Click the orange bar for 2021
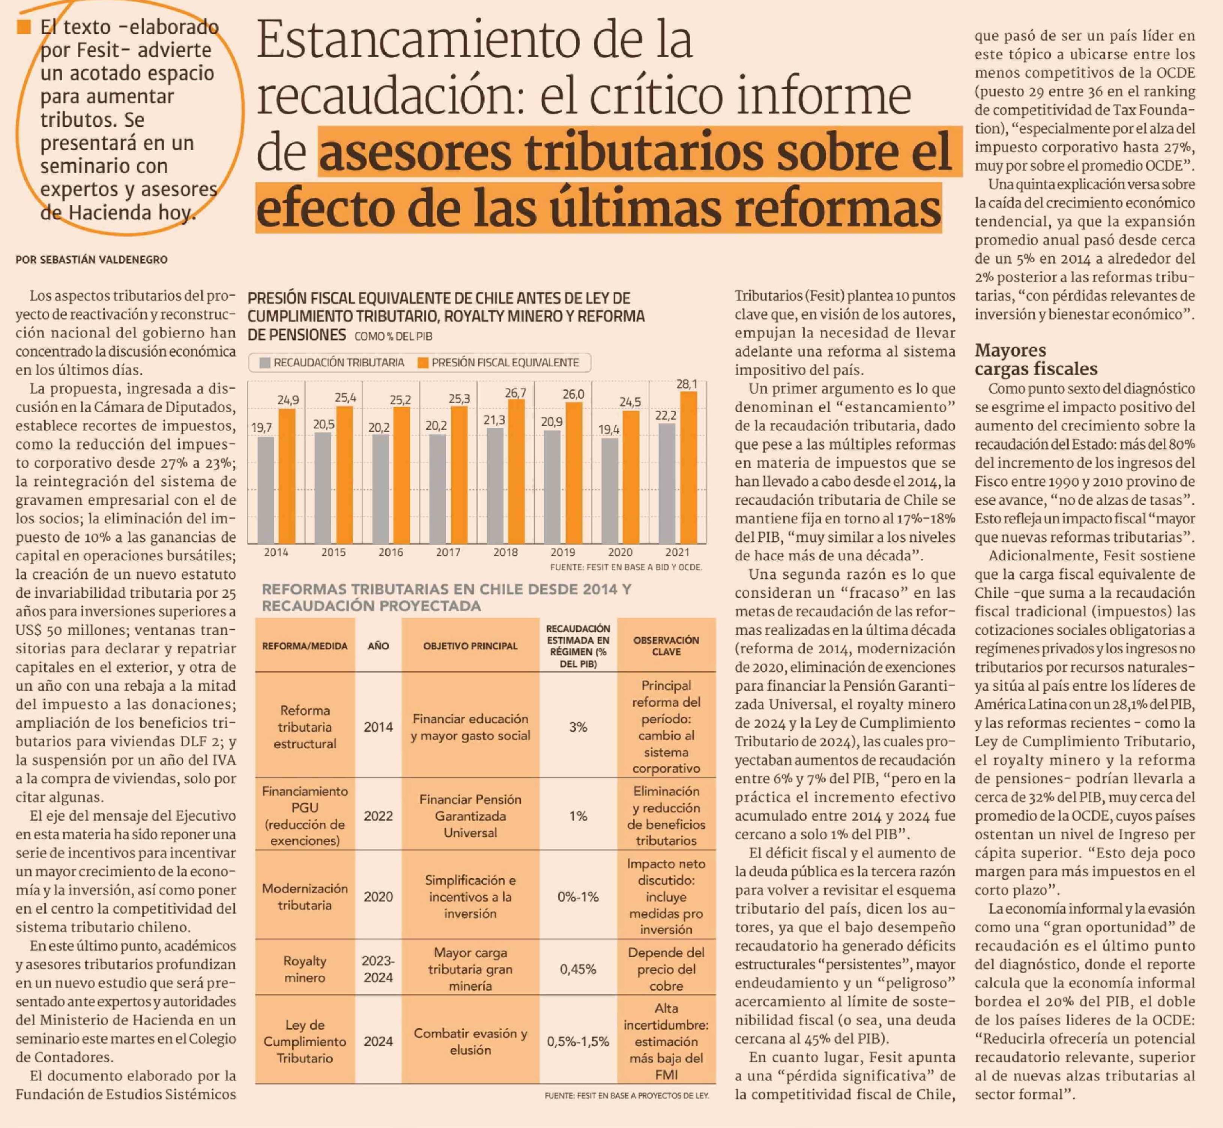[688, 467]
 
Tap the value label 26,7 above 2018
[515, 393]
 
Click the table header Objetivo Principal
[470, 646]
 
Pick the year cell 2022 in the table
[378, 816]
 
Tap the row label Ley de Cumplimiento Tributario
[305, 1041]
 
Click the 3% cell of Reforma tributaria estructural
[578, 727]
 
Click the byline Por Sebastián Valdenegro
[92, 259]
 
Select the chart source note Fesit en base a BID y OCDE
[626, 567]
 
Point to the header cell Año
[378, 646]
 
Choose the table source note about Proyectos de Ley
[627, 1096]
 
